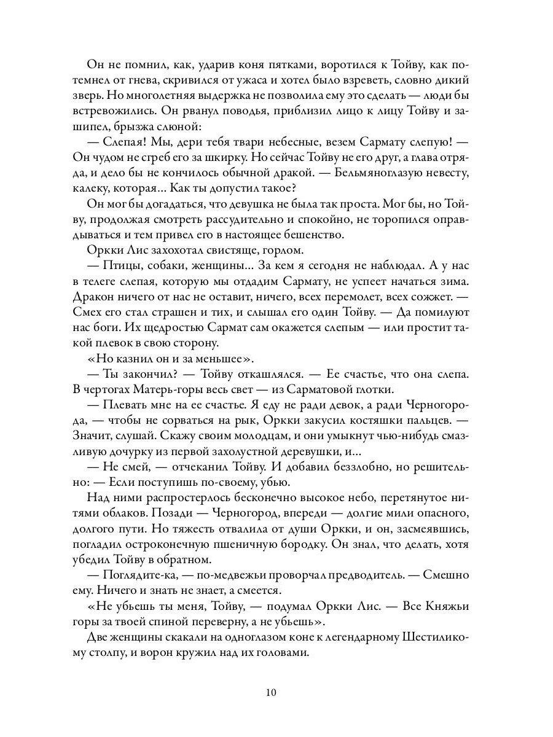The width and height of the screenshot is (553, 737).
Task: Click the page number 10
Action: pyautogui.click(x=272, y=693)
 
